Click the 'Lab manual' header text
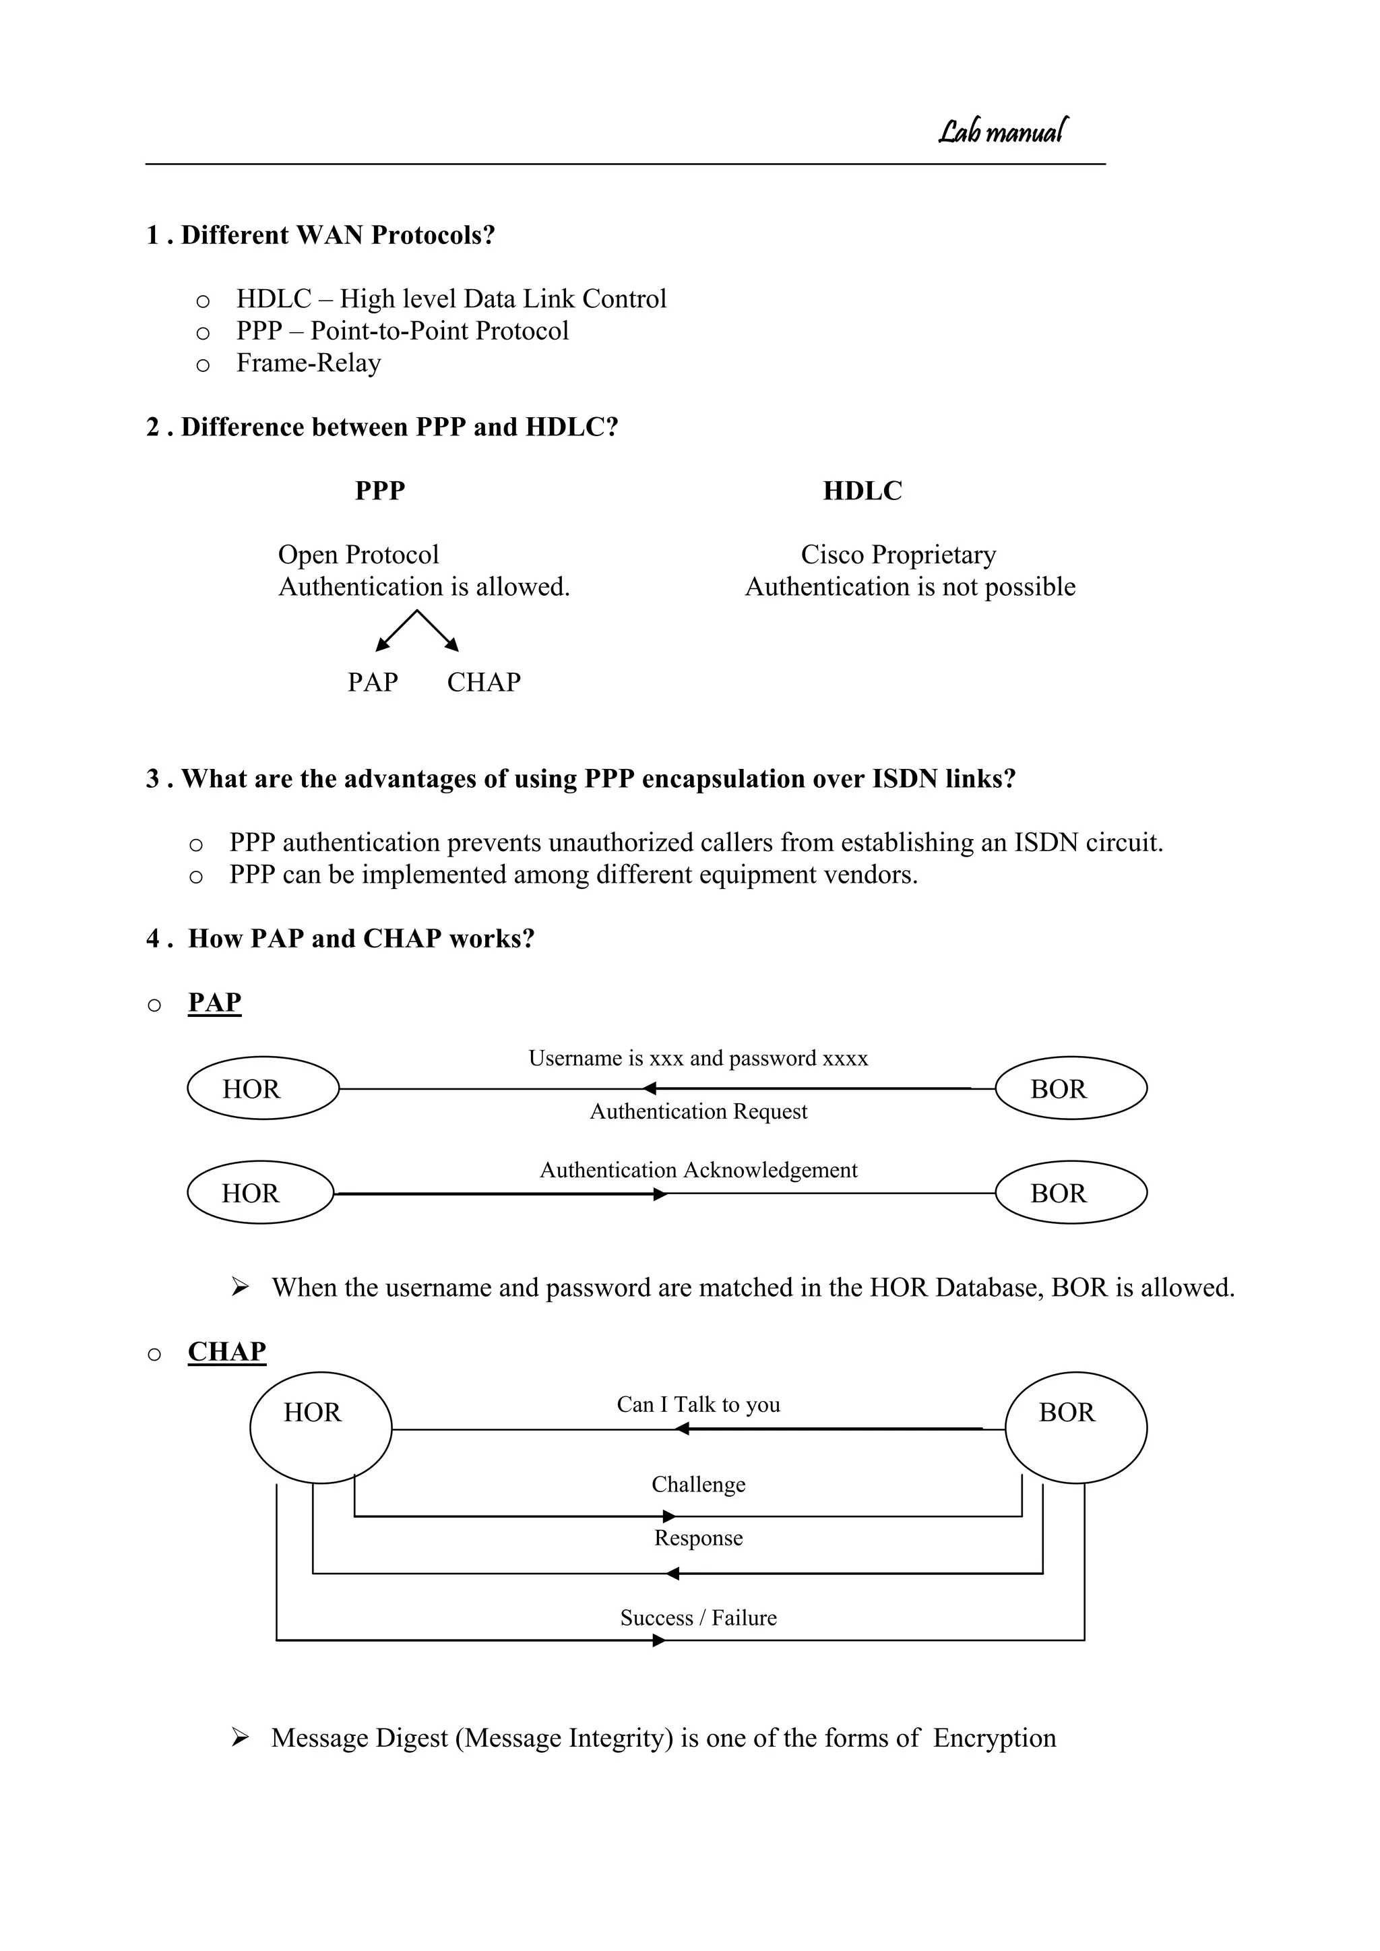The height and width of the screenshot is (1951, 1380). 1003,131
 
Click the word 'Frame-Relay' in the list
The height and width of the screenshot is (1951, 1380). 309,363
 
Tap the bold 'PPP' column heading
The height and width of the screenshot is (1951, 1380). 380,491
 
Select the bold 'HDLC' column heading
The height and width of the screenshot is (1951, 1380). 862,491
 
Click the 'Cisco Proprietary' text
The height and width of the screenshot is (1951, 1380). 898,554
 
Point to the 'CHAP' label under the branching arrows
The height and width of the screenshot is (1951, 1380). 484,681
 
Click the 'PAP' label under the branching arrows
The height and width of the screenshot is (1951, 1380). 372,681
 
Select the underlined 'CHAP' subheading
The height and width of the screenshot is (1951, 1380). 227,1351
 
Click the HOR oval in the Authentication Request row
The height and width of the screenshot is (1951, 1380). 263,1088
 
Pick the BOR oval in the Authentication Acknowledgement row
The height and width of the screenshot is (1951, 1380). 1071,1192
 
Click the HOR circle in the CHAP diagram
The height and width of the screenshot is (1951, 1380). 320,1427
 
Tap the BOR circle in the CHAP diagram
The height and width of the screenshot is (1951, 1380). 1076,1427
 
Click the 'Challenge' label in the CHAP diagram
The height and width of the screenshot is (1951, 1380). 699,1484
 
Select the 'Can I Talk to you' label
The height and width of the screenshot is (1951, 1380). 699,1404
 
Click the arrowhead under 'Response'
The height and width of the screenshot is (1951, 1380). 672,1574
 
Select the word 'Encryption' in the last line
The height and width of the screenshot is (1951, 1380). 994,1738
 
